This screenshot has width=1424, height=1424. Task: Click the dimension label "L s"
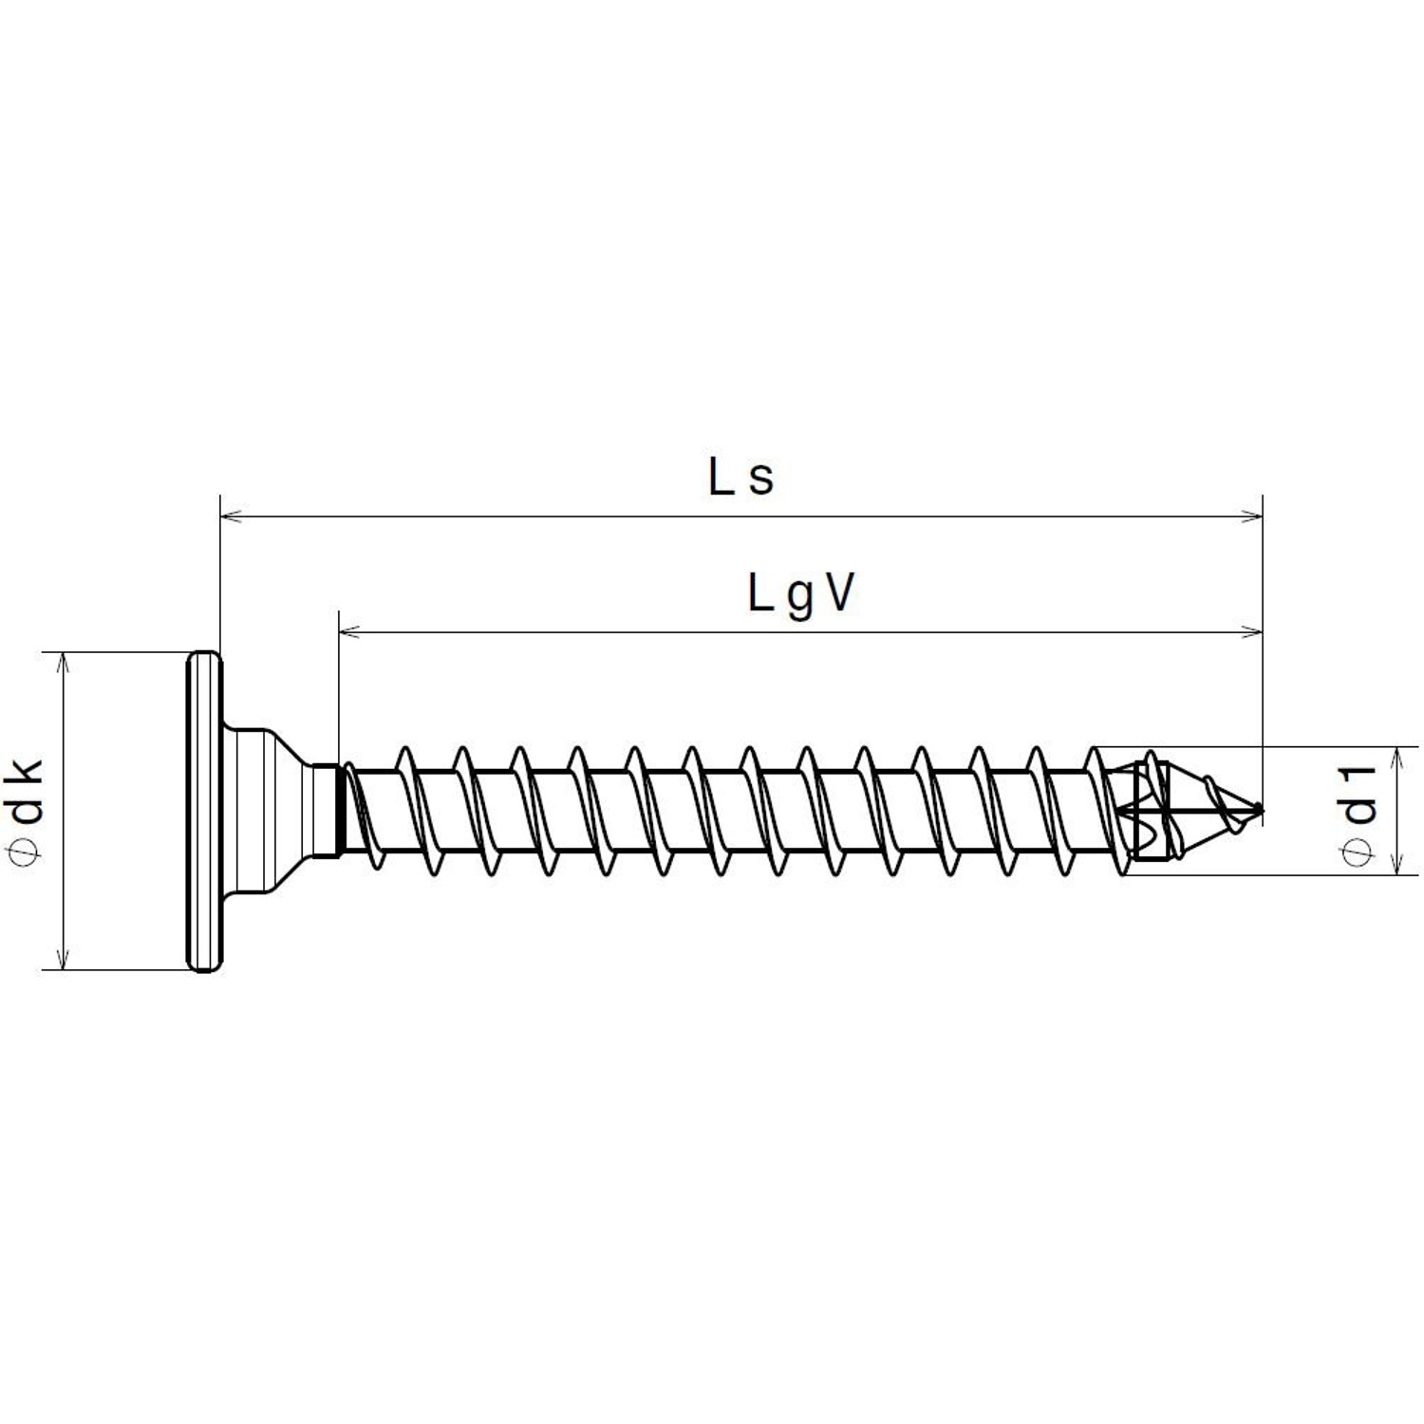pos(740,478)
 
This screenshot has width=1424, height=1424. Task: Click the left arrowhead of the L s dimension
pos(231,516)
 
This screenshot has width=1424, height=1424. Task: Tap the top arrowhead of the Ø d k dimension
pos(63,663)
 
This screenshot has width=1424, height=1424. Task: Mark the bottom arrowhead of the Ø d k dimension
pos(63,959)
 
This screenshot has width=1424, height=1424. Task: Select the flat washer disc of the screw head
pos(203,811)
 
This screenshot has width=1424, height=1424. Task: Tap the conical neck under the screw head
pos(275,811)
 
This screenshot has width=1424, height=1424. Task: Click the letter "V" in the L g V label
pos(837,594)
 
